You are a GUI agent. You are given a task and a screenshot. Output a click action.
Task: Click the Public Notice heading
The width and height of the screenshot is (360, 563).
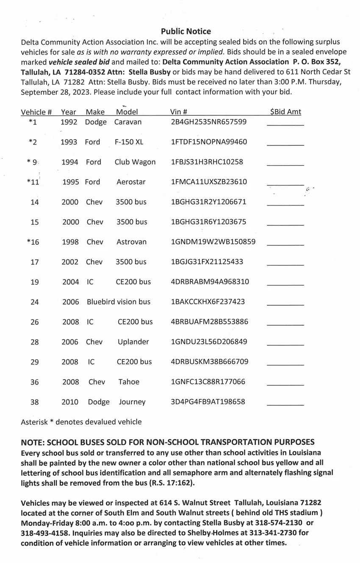[x=186, y=31]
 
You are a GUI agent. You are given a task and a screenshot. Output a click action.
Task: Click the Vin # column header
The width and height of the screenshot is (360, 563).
[x=179, y=112]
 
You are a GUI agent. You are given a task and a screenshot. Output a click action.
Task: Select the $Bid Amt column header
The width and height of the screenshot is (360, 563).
[x=285, y=112]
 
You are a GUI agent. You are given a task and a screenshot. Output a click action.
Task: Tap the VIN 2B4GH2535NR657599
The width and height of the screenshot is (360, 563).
[x=208, y=122]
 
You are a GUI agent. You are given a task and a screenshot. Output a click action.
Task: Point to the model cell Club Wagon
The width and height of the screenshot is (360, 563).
[x=135, y=162]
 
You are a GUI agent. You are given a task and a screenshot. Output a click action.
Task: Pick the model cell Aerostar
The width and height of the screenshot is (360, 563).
[x=131, y=182]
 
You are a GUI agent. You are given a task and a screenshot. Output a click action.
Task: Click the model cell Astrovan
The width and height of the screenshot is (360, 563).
[x=131, y=242]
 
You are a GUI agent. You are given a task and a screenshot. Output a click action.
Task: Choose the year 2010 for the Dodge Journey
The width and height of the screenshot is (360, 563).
[x=70, y=402]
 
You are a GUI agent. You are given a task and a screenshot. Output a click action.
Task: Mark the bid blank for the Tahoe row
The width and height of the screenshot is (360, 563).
[x=285, y=384]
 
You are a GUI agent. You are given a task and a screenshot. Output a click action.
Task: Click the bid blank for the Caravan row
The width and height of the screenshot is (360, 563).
[x=285, y=124]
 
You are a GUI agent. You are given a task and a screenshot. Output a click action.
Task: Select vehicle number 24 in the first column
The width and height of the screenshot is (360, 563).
[x=35, y=302]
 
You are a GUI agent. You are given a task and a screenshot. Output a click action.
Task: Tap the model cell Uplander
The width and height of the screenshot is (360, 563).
[x=133, y=342]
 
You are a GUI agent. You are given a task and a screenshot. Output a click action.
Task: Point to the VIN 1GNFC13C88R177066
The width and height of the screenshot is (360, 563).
[x=208, y=382]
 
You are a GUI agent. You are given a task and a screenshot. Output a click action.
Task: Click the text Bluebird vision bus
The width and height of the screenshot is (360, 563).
[x=119, y=302]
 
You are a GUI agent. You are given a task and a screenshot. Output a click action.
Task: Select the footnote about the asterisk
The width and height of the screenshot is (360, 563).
[x=81, y=422]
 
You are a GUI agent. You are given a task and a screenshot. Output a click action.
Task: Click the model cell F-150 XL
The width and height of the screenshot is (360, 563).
[x=129, y=142]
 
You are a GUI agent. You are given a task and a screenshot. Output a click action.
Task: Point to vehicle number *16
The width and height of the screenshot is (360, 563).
[x=33, y=242]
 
